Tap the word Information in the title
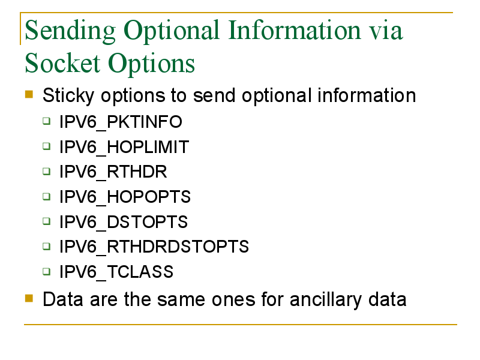pyautogui.click(x=295, y=30)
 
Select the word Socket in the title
pyautogui.click(x=62, y=63)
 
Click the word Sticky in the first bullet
pyautogui.click(x=68, y=96)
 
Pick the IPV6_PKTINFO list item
pyautogui.click(x=121, y=122)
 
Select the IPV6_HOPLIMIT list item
pyautogui.click(x=124, y=147)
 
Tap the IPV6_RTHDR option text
pyautogui.click(x=113, y=172)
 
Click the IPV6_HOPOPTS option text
pyautogui.click(x=125, y=197)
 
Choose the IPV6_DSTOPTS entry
pyautogui.click(x=124, y=222)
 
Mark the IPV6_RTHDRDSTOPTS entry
pyautogui.click(x=154, y=247)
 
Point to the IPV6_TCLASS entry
pyautogui.click(x=116, y=272)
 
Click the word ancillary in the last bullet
pyautogui.click(x=325, y=299)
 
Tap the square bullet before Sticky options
pyautogui.click(x=29, y=94)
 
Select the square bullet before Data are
pyautogui.click(x=29, y=298)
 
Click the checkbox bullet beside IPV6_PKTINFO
pyautogui.click(x=47, y=121)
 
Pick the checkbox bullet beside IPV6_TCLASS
pyautogui.click(x=47, y=271)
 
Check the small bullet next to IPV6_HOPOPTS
pyautogui.click(x=47, y=196)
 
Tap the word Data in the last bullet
pyautogui.click(x=63, y=299)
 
